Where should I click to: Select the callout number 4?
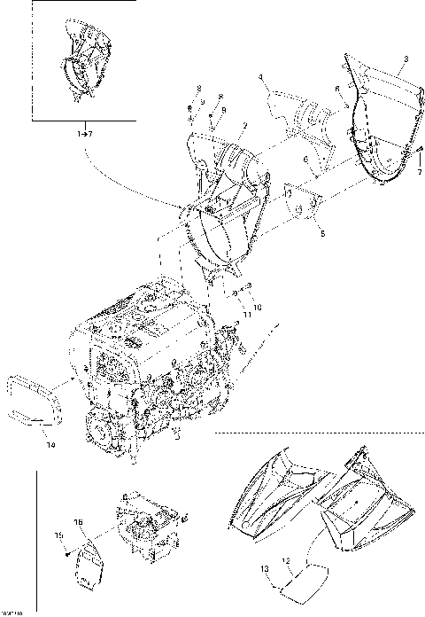pos(262,79)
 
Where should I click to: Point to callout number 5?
pos(321,235)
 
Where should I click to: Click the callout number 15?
pos(59,535)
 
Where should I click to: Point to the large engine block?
pos(146,372)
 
